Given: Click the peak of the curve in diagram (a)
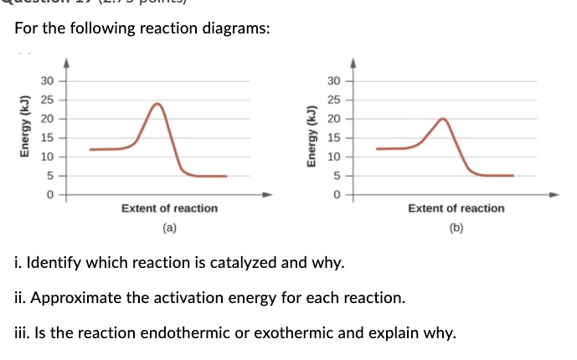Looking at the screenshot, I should [x=157, y=104].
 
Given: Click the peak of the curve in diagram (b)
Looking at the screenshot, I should [x=443, y=120].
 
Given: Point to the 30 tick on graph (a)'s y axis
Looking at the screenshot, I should [x=48, y=81].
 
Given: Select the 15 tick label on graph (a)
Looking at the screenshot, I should [x=48, y=138].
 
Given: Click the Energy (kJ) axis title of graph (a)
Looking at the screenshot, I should [x=26, y=137].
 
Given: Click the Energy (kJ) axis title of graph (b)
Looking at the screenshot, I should [x=312, y=137].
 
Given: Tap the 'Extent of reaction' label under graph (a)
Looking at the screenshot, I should [x=169, y=208].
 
